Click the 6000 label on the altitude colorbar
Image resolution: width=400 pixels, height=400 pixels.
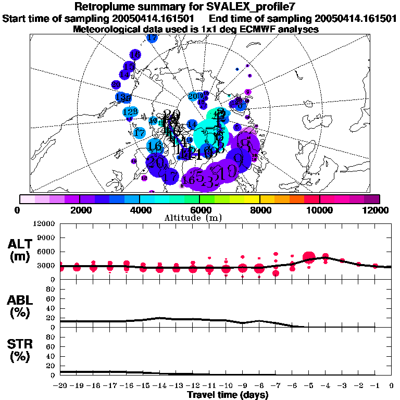point(199,210)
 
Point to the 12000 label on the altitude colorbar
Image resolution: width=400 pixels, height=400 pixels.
point(378,210)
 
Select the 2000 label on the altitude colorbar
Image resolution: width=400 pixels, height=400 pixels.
point(79,210)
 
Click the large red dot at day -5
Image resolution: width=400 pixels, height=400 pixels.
point(309,257)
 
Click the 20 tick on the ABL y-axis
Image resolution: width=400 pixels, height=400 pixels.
point(51,318)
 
